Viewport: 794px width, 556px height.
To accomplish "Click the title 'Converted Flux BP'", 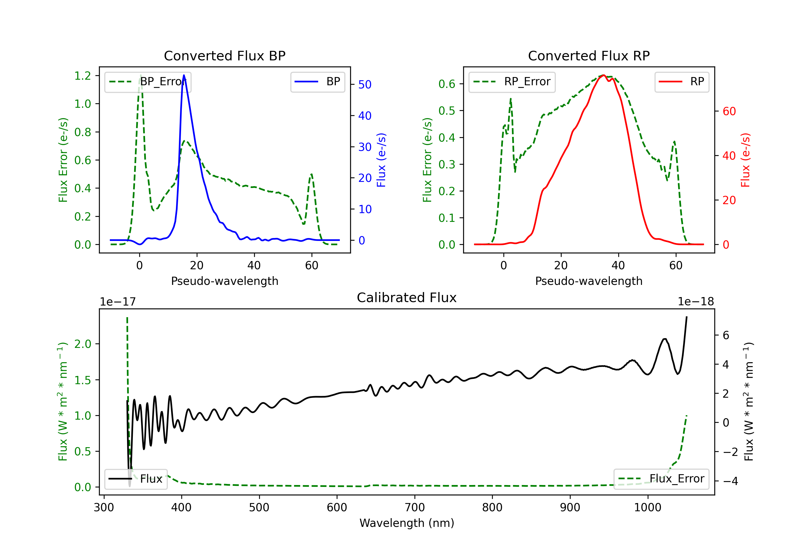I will (224, 56).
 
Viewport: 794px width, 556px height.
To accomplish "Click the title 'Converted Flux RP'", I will (589, 56).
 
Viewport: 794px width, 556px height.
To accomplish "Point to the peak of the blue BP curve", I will (184, 75).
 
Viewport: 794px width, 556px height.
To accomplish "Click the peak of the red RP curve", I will (603, 75).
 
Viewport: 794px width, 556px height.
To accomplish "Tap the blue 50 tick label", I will (365, 85).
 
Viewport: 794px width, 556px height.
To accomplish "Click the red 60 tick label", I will (729, 111).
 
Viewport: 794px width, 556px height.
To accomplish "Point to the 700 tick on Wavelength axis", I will (415, 508).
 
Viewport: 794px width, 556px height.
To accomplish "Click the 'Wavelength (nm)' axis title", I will (407, 523).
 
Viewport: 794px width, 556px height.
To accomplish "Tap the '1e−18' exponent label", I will (696, 302).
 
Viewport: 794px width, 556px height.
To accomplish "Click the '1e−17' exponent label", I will (118, 302).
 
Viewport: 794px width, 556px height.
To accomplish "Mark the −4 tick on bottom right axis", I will (730, 481).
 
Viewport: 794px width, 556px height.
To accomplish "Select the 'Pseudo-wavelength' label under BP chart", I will (224, 281).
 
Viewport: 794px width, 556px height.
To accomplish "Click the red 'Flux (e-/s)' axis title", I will (745, 160).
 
